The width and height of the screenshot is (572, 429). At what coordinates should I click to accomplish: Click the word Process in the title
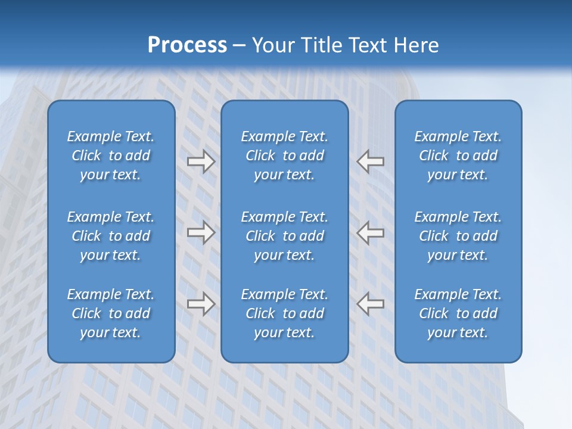coord(187,45)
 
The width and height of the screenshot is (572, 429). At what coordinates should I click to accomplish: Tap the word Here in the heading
coord(415,45)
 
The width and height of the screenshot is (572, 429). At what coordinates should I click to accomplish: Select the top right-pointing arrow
coord(201,161)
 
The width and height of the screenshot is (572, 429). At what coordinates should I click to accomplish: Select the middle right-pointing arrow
coord(201,232)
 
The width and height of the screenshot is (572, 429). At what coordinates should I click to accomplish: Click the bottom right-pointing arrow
coord(201,304)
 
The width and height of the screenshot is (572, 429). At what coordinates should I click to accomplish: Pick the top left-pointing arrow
coord(371,161)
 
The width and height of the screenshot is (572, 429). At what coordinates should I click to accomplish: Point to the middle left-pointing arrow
coord(371,232)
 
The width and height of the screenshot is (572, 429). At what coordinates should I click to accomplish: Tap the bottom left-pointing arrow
coord(371,304)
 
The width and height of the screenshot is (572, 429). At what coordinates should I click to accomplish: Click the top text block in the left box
coord(111,156)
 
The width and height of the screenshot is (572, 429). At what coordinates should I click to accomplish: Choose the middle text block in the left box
coord(111,236)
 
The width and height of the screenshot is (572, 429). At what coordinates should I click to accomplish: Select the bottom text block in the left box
coord(111,313)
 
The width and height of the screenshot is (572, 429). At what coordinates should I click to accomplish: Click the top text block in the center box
coord(284,156)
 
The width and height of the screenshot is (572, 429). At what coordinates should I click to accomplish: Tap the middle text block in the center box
coord(284,236)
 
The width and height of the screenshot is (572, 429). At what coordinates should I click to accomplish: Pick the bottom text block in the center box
coord(284,313)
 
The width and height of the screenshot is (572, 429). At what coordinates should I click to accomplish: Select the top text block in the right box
coord(458,156)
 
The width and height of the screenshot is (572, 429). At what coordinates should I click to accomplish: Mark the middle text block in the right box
coord(458,236)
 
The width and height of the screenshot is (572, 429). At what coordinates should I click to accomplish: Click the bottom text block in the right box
coord(458,313)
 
